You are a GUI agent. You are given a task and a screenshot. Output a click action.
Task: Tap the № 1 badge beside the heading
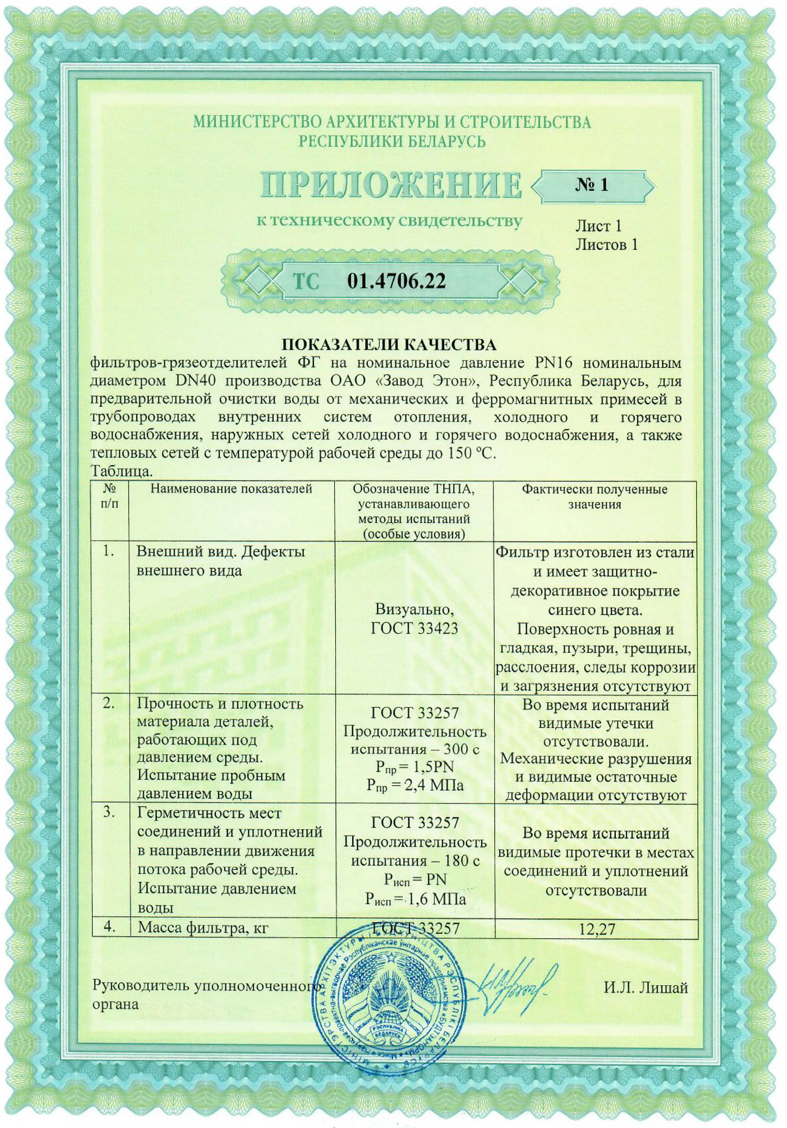[x=592, y=185]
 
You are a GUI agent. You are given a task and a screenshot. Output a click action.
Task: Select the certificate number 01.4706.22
[x=396, y=281]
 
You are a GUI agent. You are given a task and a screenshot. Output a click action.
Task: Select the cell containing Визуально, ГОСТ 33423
[x=414, y=619]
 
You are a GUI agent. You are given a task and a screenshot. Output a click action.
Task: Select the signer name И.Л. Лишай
[x=646, y=988]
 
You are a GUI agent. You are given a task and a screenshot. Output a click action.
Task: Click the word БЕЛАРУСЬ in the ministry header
[x=437, y=141]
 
